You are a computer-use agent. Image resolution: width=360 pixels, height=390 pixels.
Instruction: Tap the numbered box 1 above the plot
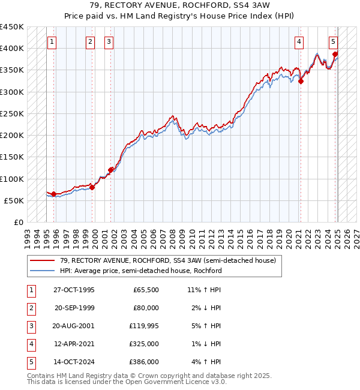pyautogui.click(x=52, y=42)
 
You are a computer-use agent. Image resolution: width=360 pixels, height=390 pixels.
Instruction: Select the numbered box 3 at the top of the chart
pyautogui.click(x=109, y=42)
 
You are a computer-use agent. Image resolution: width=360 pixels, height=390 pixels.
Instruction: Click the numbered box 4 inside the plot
pyautogui.click(x=299, y=42)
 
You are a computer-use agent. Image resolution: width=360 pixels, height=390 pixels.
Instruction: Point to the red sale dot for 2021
pyautogui.click(x=301, y=82)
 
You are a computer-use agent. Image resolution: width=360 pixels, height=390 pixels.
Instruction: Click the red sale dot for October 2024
pyautogui.click(x=335, y=55)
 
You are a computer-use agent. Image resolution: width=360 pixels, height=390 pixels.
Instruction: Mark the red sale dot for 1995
pyautogui.click(x=54, y=194)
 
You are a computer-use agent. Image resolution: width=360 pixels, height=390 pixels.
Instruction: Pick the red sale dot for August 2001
pyautogui.click(x=110, y=170)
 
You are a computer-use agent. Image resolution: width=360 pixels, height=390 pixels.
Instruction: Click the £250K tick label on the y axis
pyautogui.click(x=11, y=113)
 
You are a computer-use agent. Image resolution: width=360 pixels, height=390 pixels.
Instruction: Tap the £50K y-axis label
pyautogui.click(x=14, y=200)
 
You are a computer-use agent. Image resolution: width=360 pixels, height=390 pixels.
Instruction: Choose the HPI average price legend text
pyautogui.click(x=141, y=271)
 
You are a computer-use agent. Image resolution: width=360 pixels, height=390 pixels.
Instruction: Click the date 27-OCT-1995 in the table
pyautogui.click(x=74, y=290)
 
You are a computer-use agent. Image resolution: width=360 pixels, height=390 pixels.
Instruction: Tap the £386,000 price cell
pyautogui.click(x=145, y=362)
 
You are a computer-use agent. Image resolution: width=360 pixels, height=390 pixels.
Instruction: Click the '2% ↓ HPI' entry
pyautogui.click(x=205, y=308)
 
